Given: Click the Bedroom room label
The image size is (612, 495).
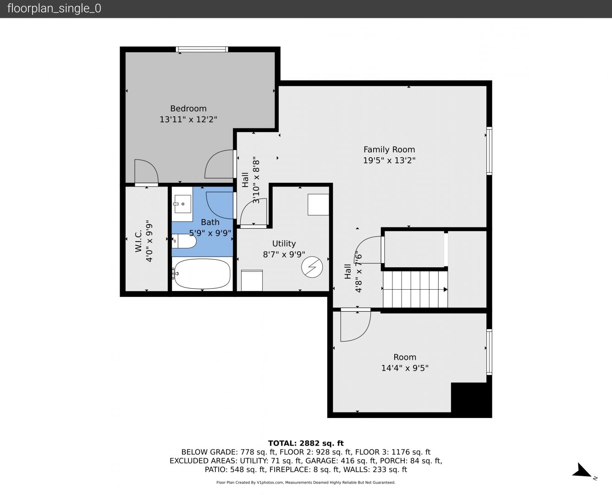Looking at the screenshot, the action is click(188, 109).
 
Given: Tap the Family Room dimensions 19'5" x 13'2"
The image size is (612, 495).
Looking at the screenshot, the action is click(389, 160).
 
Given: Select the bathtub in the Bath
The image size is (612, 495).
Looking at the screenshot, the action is click(202, 274).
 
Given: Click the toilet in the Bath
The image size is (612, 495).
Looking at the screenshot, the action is click(184, 241).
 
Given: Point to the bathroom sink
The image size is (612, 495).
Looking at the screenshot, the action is click(182, 204).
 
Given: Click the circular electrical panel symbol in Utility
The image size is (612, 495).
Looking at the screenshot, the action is click(312, 267).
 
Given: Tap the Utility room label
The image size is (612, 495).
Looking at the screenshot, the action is click(284, 244).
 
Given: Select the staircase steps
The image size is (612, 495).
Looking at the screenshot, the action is click(415, 289).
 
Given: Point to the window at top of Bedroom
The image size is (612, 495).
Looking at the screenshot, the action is click(202, 49).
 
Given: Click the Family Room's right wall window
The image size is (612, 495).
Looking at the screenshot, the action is click(489, 151).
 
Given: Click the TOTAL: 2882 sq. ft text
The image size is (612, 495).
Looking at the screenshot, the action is click(306, 443).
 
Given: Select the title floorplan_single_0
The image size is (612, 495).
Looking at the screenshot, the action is click(54, 9).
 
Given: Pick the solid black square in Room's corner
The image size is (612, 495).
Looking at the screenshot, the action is click(471, 400).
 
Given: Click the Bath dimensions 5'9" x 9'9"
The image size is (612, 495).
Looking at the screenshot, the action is click(210, 233).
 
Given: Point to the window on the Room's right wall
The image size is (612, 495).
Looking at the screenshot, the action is click(489, 352).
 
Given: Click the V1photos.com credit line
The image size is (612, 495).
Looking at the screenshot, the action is click(306, 482).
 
